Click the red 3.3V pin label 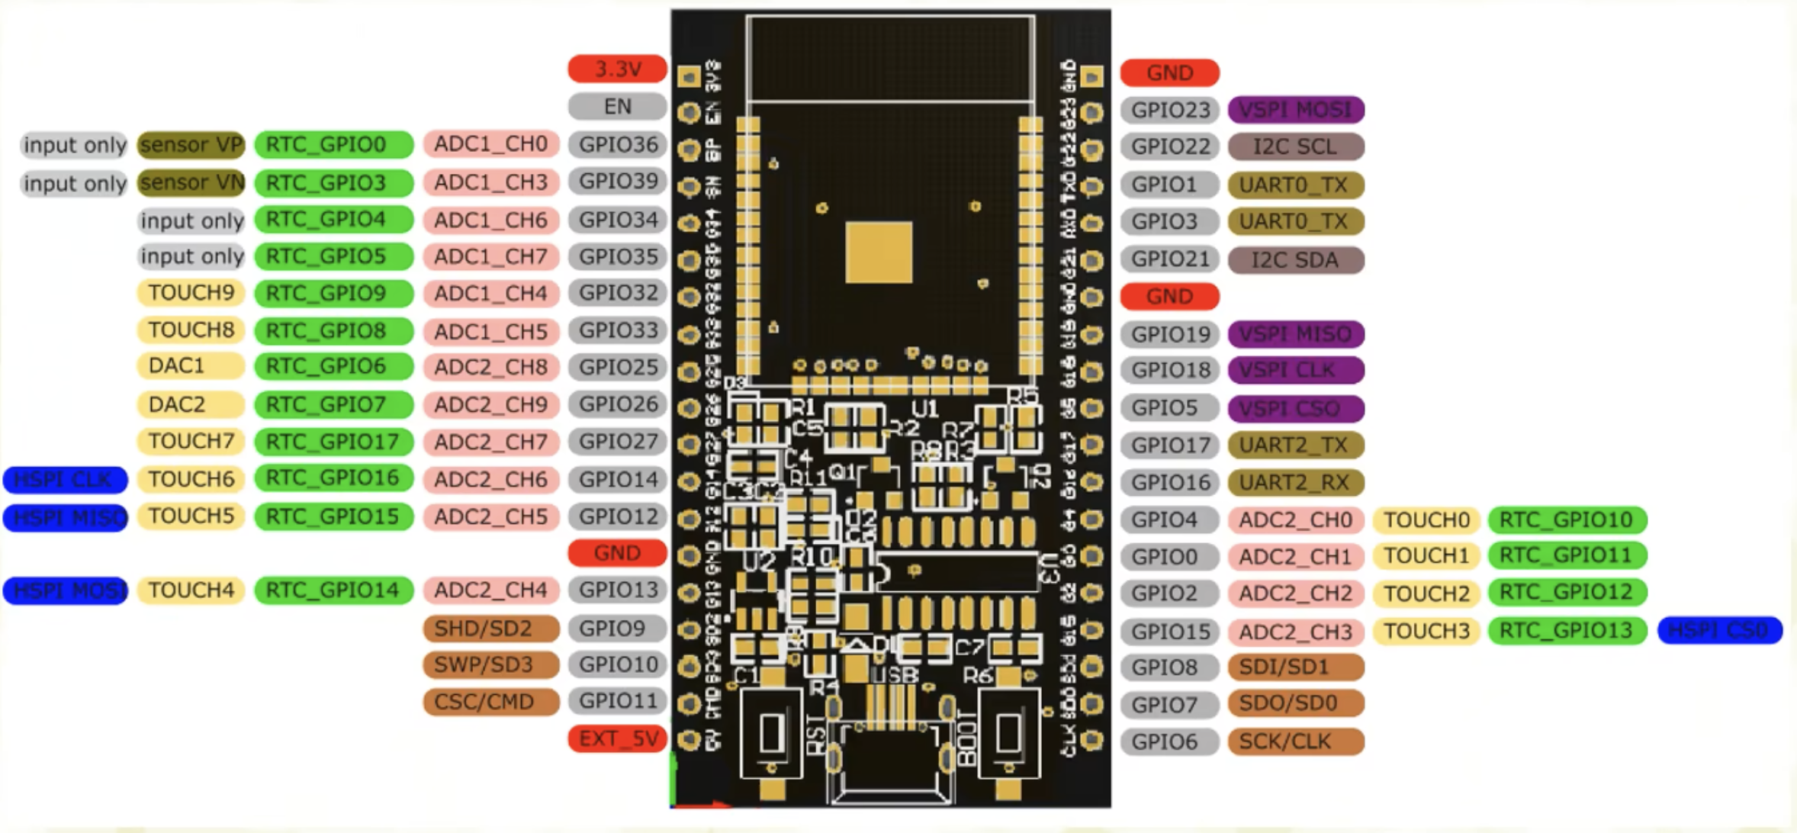617,69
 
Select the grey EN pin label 617,106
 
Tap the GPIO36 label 617,144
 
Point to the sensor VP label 191,144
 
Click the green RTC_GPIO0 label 333,144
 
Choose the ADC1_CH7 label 490,256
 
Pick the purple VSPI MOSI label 1295,110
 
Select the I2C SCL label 1295,146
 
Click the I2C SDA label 1295,260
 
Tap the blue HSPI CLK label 65,480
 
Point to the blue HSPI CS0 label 1719,630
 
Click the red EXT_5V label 617,738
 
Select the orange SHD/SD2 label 490,628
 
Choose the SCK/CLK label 1295,741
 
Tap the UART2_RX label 1295,482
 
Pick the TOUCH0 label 1426,519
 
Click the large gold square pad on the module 879,252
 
